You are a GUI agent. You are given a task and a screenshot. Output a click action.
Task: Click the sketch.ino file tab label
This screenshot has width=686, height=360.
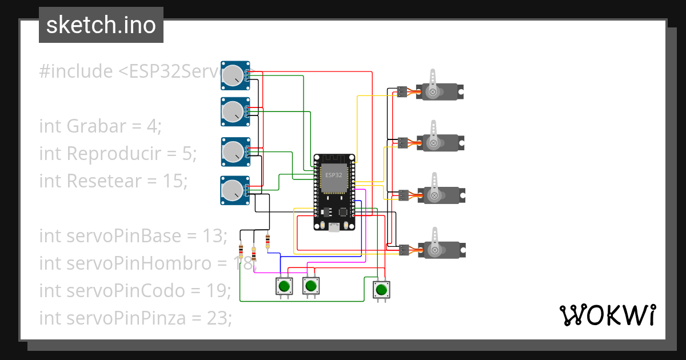101,25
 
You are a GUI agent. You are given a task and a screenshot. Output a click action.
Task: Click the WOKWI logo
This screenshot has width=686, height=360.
607,315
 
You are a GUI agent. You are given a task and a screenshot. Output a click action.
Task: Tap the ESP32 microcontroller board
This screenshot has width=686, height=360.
334,192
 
